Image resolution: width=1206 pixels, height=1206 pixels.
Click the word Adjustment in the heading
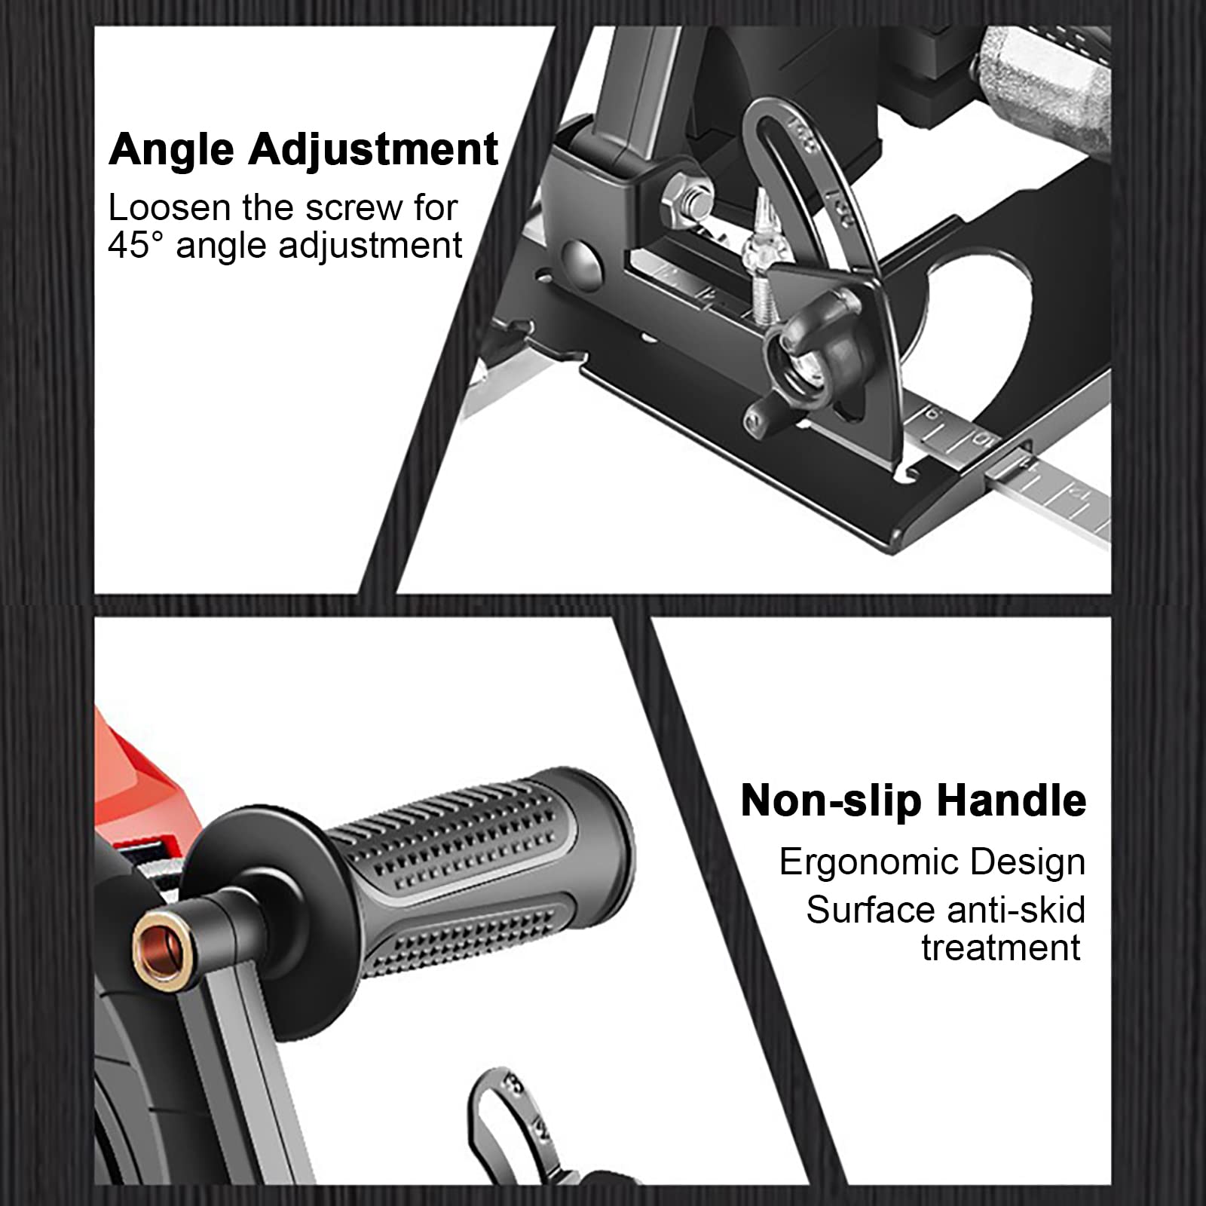pyautogui.click(x=373, y=150)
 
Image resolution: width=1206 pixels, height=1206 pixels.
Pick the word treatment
pyautogui.click(x=1001, y=947)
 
